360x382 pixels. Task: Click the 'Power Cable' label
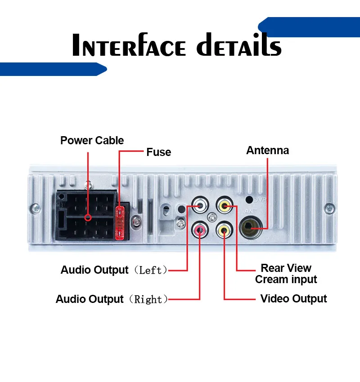pyautogui.click(x=92, y=141)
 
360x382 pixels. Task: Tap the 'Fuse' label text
pyautogui.click(x=158, y=152)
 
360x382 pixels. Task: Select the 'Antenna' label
pyautogui.click(x=267, y=151)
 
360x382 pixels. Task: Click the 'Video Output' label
pyautogui.click(x=293, y=299)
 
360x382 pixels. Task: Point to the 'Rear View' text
pyautogui.click(x=286, y=268)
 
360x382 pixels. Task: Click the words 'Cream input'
pyautogui.click(x=286, y=280)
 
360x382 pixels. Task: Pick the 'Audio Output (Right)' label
pyautogui.click(x=112, y=299)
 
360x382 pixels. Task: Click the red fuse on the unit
pyautogui.click(x=120, y=223)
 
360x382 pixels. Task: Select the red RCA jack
pyautogui.click(x=199, y=231)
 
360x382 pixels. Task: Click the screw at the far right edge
pyautogui.click(x=331, y=208)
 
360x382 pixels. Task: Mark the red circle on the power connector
pyautogui.click(x=88, y=218)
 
